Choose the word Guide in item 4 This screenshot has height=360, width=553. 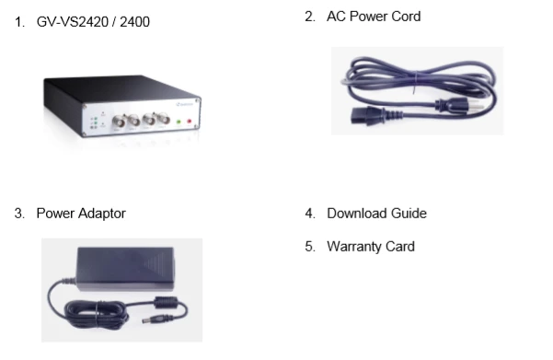click(x=409, y=214)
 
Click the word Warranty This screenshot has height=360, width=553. click(x=356, y=247)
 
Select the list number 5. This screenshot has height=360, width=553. click(x=310, y=247)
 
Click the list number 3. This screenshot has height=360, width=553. click(x=19, y=214)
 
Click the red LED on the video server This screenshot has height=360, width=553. click(x=189, y=121)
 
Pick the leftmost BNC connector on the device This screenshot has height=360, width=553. click(x=123, y=121)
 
